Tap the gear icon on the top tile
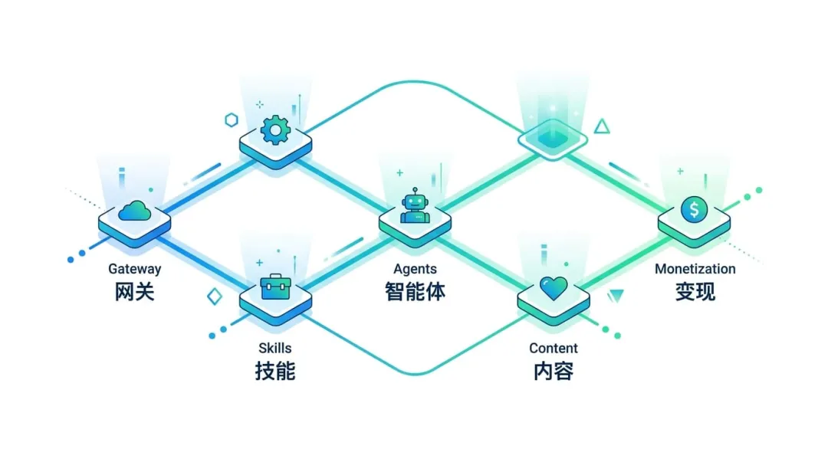(274, 129)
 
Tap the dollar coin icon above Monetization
(694, 208)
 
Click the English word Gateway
(134, 269)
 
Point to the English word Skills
(274, 349)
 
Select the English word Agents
(415, 269)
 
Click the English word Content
(554, 349)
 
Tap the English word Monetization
(695, 269)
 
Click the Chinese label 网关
(134, 291)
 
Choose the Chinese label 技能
(274, 371)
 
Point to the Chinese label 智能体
(415, 291)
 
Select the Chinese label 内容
(554, 371)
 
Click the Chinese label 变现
(695, 291)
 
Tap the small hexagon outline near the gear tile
(231, 120)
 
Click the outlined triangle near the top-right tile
(602, 126)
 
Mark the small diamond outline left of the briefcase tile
(215, 297)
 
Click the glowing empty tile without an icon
(553, 139)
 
